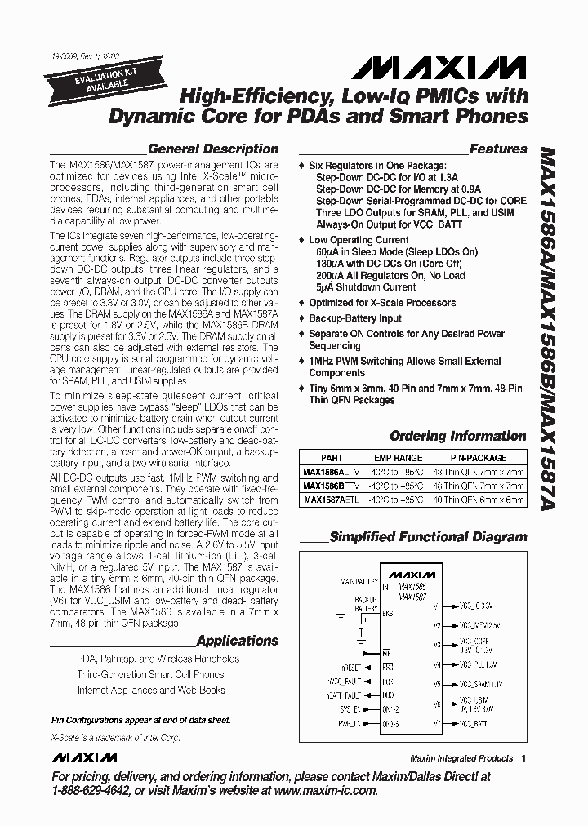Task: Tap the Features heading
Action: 498,149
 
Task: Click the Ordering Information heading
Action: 457,436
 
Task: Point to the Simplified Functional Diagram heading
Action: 428,536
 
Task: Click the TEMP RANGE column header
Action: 395,458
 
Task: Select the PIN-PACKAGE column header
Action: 479,458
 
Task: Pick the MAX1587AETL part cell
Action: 330,500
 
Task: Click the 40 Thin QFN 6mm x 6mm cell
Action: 479,500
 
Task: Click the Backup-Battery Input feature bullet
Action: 354,318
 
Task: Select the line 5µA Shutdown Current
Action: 366,287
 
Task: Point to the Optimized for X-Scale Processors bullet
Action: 382,303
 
